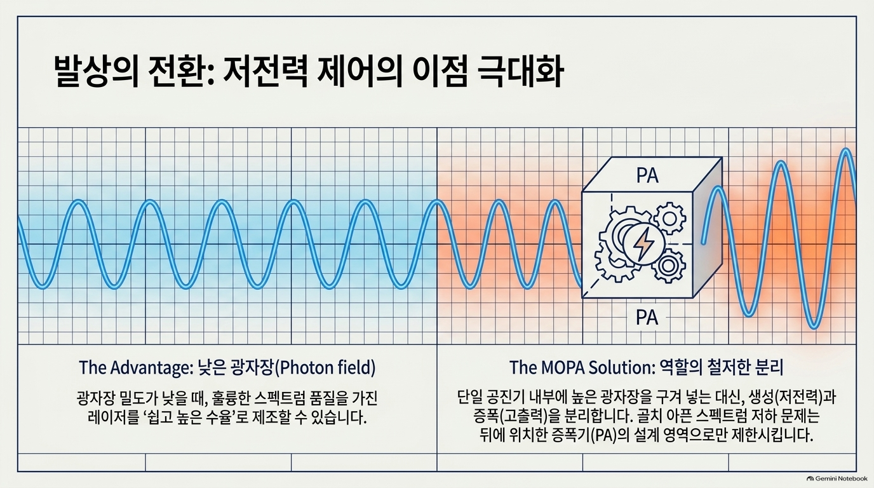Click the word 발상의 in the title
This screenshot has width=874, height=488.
tap(96, 72)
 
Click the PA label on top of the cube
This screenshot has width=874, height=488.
tap(647, 175)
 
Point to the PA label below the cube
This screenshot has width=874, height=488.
tap(647, 318)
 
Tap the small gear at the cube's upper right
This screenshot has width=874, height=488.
tap(669, 219)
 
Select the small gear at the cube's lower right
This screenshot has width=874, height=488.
tap(668, 266)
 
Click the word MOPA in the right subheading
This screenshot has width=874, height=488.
tap(561, 367)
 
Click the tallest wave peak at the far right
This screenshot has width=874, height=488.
tap(845, 149)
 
